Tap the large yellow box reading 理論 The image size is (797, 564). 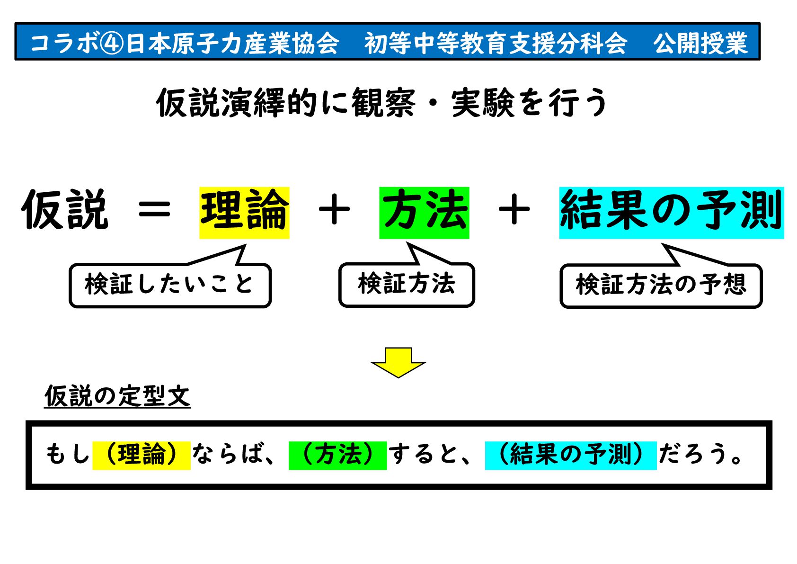(x=244, y=213)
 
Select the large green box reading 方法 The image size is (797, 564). (x=424, y=213)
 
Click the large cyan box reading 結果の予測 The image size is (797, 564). (x=671, y=213)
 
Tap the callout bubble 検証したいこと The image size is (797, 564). (x=170, y=285)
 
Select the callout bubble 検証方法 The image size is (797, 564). (x=407, y=285)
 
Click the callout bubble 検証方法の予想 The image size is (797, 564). (x=661, y=286)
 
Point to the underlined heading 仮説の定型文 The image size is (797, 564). (x=117, y=396)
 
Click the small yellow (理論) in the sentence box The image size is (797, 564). (x=142, y=455)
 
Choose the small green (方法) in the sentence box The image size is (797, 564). (x=338, y=455)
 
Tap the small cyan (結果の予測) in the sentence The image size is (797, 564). (x=571, y=455)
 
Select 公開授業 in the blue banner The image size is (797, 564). (x=700, y=43)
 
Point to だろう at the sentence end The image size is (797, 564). (x=694, y=455)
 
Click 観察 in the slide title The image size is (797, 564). (x=383, y=103)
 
